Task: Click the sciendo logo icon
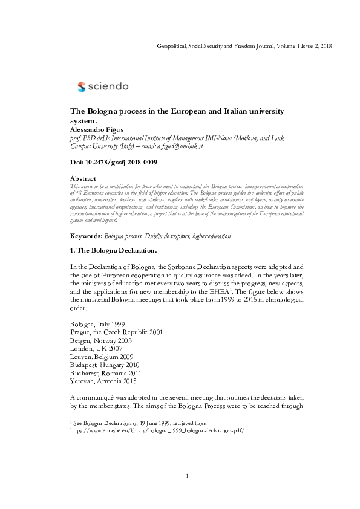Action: (82, 87)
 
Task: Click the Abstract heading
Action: (83, 179)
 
